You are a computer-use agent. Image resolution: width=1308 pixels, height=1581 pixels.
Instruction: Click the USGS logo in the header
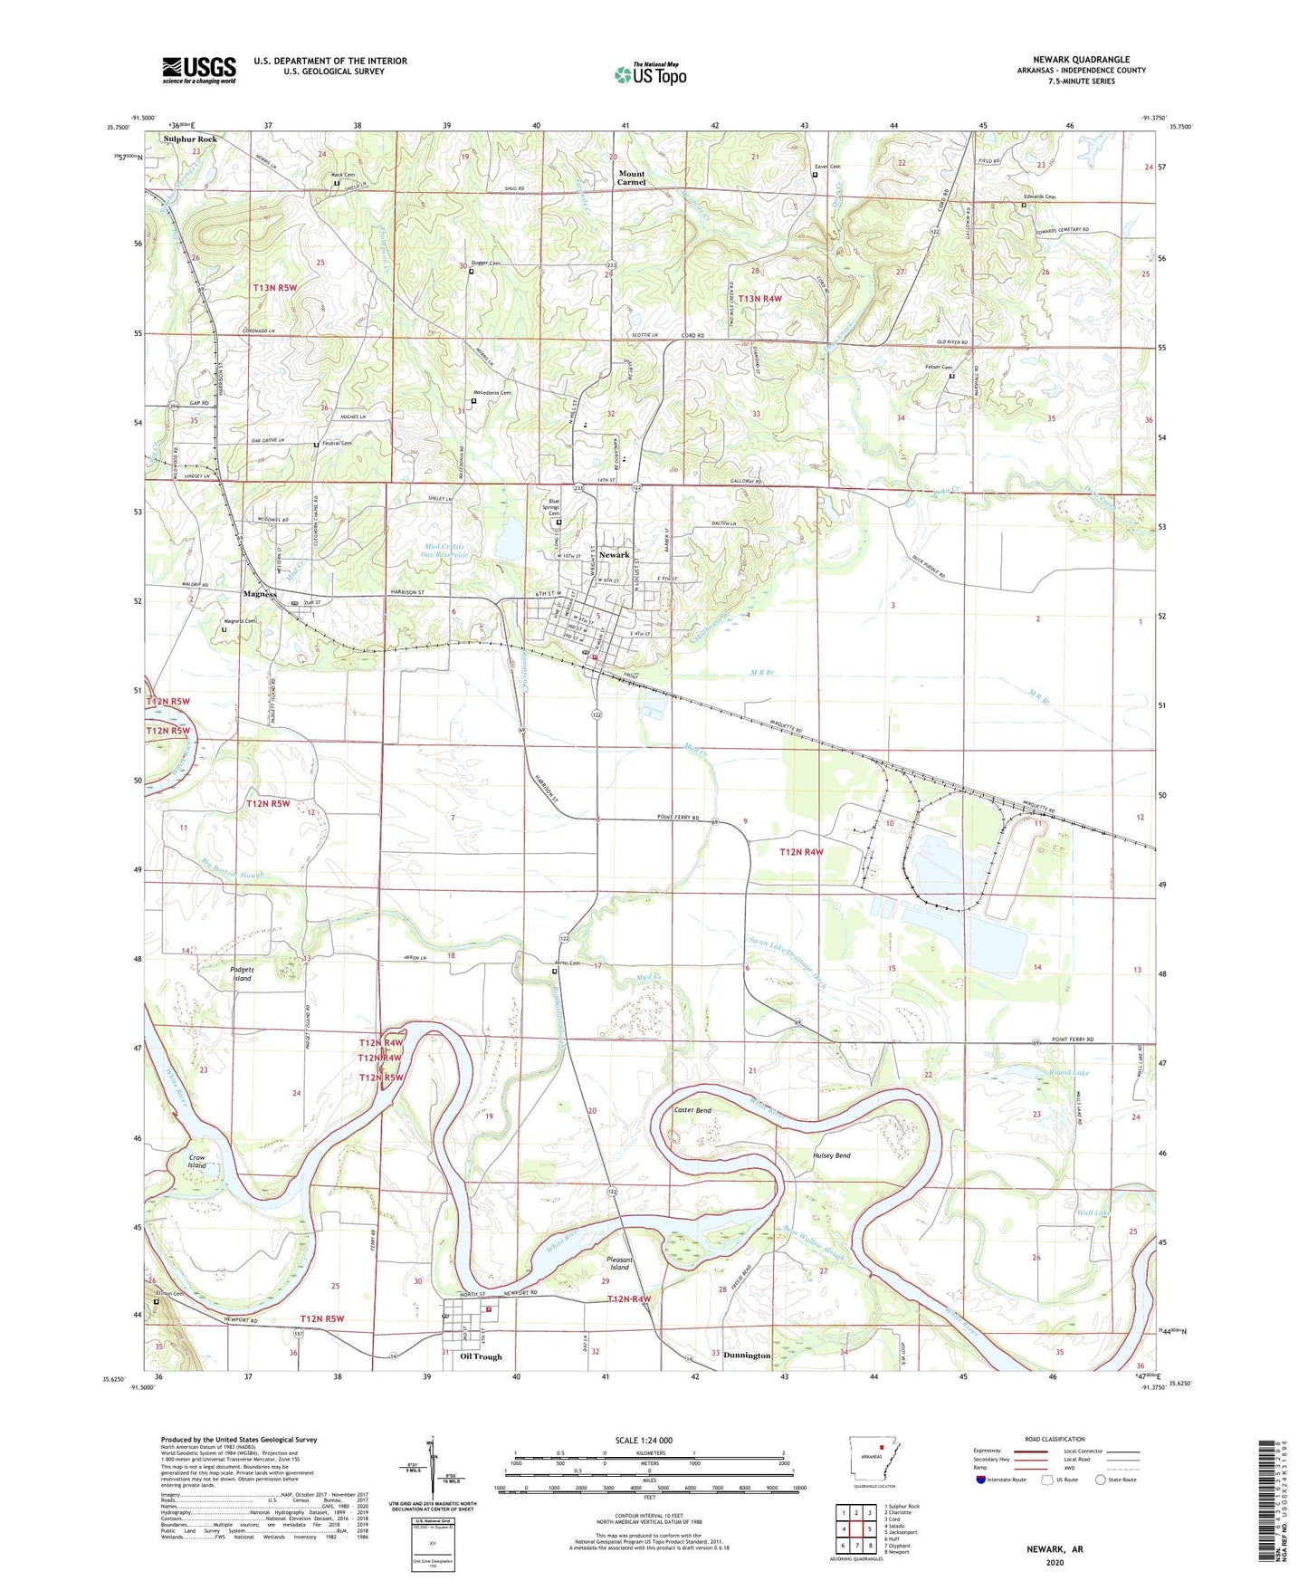pos(199,70)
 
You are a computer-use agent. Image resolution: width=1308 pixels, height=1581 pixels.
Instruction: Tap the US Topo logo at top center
pos(650,74)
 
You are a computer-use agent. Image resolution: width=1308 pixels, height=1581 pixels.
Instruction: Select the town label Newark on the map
pos(614,555)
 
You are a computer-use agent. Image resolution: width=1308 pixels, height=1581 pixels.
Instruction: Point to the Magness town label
pos(260,594)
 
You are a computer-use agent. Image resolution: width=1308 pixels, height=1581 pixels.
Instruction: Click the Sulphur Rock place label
pos(190,139)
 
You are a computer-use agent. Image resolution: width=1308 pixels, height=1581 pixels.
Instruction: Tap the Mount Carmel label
pos(631,177)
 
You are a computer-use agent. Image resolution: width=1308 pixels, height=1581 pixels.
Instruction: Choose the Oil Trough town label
pos(481,1356)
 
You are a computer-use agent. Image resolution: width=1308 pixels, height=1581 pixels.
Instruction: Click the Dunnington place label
pos(747,1356)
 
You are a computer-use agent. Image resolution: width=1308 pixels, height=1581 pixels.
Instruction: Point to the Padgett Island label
pos(242,973)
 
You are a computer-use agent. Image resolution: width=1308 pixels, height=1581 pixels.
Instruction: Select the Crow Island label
pos(197,1161)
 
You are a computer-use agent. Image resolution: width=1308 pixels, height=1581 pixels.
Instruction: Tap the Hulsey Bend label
pos(831,1155)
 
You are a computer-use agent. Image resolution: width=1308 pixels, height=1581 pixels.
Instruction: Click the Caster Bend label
pos(692,1110)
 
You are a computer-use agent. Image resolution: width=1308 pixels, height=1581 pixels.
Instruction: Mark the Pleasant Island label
pos(619,1263)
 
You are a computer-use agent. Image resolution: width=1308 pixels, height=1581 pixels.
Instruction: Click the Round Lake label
pos(1070,1072)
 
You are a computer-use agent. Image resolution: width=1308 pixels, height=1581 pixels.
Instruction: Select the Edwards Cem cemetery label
pos(1039,196)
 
